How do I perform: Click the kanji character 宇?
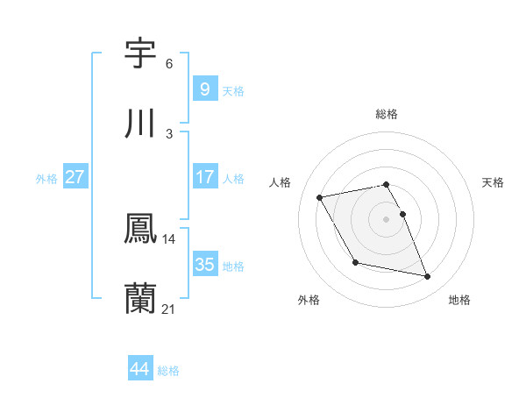coord(141,53)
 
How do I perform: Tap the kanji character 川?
coord(141,124)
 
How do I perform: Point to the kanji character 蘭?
coord(141,299)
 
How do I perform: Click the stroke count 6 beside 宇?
coord(169,64)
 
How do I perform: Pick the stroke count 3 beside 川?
coord(169,134)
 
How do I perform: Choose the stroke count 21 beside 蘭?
coord(169,309)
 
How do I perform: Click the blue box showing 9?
coord(204,89)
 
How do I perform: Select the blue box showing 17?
coord(204,177)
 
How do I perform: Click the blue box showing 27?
coord(75,177)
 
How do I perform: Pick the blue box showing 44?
coord(139,369)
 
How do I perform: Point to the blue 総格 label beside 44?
coord(168,371)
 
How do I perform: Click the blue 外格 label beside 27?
coord(46,179)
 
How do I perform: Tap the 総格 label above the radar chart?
coord(387,114)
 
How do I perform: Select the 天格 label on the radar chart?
coord(494,182)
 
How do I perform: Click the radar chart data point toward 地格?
coord(428,277)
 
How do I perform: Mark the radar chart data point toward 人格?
coord(320,196)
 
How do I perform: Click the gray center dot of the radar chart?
coord(387,218)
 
